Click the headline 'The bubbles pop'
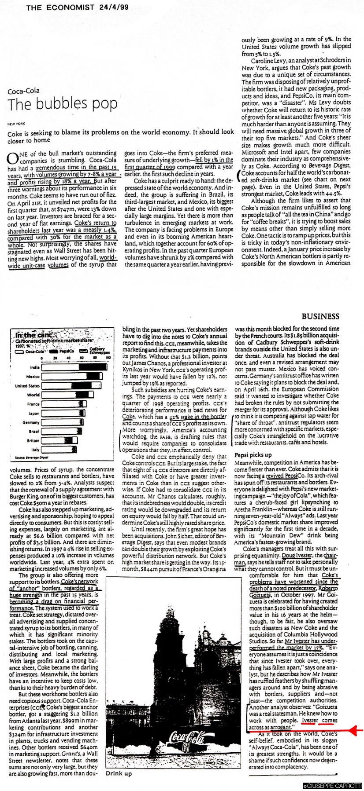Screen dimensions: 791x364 tap(63, 104)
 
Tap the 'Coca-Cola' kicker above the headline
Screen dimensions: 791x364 tap(23, 91)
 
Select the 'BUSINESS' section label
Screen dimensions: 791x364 tap(320, 316)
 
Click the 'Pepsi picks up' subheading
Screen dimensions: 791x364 tap(253, 455)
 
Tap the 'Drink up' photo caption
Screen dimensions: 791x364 tap(119, 785)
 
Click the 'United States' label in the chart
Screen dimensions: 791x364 tap(27, 386)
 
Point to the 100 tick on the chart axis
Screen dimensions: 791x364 tap(108, 359)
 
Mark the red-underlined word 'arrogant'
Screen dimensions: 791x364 tap(280, 727)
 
